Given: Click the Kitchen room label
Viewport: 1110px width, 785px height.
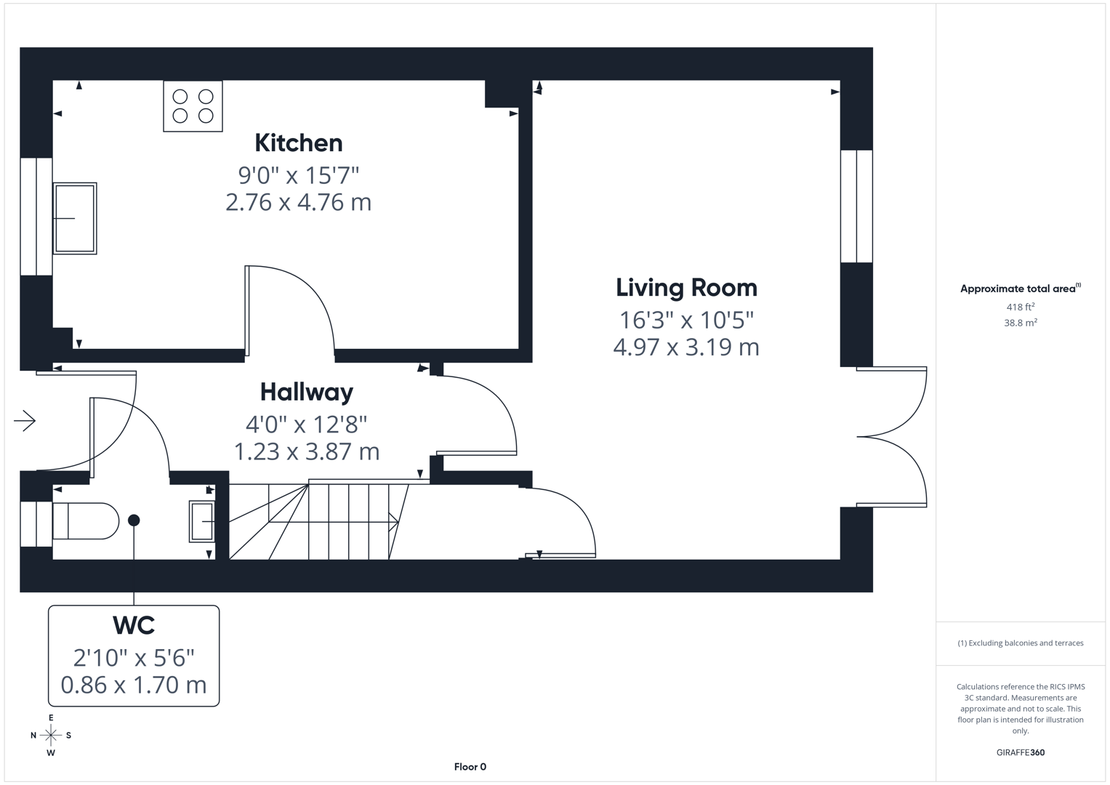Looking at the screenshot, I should click(298, 143).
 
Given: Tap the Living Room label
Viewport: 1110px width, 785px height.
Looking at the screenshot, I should click(686, 288).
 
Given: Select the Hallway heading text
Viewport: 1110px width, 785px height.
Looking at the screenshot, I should click(307, 392).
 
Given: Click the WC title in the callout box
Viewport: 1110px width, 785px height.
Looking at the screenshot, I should click(134, 625).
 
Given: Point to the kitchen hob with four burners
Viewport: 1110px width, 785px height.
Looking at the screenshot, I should click(193, 106).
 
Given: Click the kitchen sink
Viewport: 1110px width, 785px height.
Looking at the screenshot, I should click(75, 218).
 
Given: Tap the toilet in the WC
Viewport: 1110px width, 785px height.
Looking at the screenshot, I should click(86, 520).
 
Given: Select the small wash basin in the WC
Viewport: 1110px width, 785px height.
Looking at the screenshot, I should click(201, 521).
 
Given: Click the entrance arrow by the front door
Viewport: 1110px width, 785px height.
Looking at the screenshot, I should click(25, 420).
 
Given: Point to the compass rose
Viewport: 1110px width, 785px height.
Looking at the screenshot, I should click(51, 736).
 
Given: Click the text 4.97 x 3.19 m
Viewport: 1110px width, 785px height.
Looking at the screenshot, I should click(686, 347).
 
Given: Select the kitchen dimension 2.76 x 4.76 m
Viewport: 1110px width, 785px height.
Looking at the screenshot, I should click(298, 202).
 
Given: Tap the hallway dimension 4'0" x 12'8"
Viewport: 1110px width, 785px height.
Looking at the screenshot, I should click(307, 424).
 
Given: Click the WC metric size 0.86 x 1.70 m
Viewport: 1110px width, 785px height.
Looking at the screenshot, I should click(134, 685).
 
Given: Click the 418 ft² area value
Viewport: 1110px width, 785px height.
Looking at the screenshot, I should click(1020, 307).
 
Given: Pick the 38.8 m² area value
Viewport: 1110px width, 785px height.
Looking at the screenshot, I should click(1020, 323).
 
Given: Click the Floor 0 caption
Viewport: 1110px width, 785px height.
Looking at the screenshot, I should click(470, 767).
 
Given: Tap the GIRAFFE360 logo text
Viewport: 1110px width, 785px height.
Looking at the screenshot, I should click(1020, 752).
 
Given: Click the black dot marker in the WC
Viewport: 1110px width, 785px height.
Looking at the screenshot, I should click(134, 520).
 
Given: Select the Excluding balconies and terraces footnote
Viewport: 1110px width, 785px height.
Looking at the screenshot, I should click(1020, 643).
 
